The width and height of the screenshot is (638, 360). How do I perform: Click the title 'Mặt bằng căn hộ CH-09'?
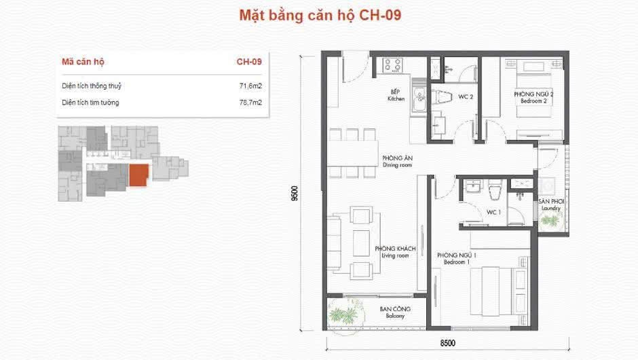pos(319,16)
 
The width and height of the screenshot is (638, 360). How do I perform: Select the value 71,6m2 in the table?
pos(250,86)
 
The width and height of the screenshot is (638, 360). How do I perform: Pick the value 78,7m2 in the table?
pos(250,103)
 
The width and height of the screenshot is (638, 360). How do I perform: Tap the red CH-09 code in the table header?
pos(249,62)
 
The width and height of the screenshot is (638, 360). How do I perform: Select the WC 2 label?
pos(465,97)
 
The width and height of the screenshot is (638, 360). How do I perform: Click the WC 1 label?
pos(493,212)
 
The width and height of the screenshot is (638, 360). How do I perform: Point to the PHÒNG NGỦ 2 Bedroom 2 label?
pos(529,97)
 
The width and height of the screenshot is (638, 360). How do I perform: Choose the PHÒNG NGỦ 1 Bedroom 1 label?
pos(456,257)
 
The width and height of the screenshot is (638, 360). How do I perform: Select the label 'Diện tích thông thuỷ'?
pos(92,86)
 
